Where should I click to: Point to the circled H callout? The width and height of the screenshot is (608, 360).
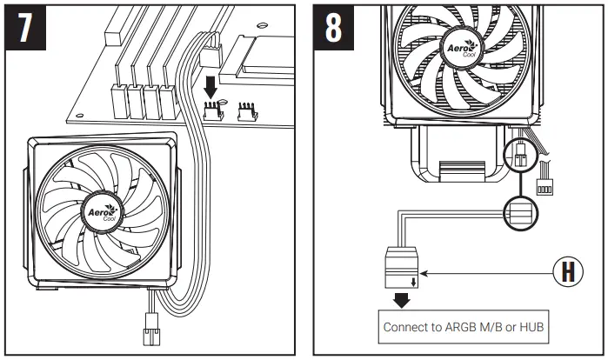click(x=568, y=272)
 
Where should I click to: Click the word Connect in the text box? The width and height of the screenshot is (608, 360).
click(x=406, y=329)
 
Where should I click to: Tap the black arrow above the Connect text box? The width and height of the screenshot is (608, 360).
click(x=402, y=301)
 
